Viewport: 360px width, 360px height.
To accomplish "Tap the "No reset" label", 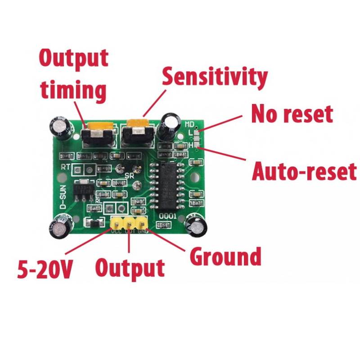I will click(x=292, y=114).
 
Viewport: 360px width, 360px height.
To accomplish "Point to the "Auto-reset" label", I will click(x=304, y=171).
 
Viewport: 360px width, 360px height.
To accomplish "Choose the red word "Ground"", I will click(x=225, y=256).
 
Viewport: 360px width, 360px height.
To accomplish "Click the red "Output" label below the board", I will click(x=130, y=268).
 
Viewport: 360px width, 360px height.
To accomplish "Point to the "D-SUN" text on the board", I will click(x=63, y=198).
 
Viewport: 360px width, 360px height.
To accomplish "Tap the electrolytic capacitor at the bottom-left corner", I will click(x=61, y=227).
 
